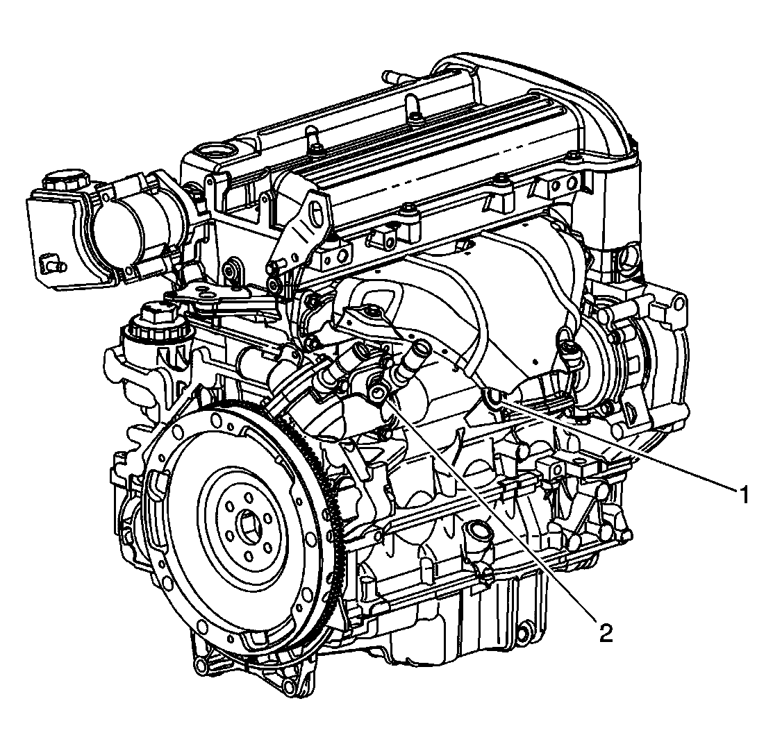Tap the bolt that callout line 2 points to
coord(379,378)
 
